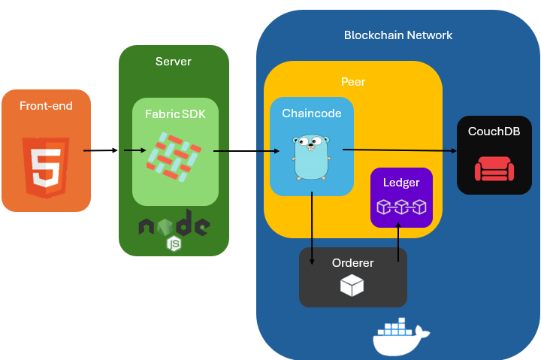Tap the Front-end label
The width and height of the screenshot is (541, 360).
[46, 106]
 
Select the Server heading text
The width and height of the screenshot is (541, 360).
[174, 61]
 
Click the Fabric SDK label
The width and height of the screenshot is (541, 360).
[175, 114]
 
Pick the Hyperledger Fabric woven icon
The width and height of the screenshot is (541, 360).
[175, 157]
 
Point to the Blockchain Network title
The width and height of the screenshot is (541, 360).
[398, 35]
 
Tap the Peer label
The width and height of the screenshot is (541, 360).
[353, 81]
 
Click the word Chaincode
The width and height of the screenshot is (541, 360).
[312, 113]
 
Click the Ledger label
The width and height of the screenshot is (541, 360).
[401, 183]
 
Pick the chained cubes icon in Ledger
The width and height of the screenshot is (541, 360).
[401, 206]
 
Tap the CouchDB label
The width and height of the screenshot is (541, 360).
[494, 131]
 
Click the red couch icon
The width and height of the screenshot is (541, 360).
[494, 168]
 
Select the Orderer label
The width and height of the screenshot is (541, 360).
[353, 263]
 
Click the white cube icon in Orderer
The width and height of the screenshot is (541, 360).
[352, 285]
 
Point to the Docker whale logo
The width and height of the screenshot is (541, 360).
[400, 335]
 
